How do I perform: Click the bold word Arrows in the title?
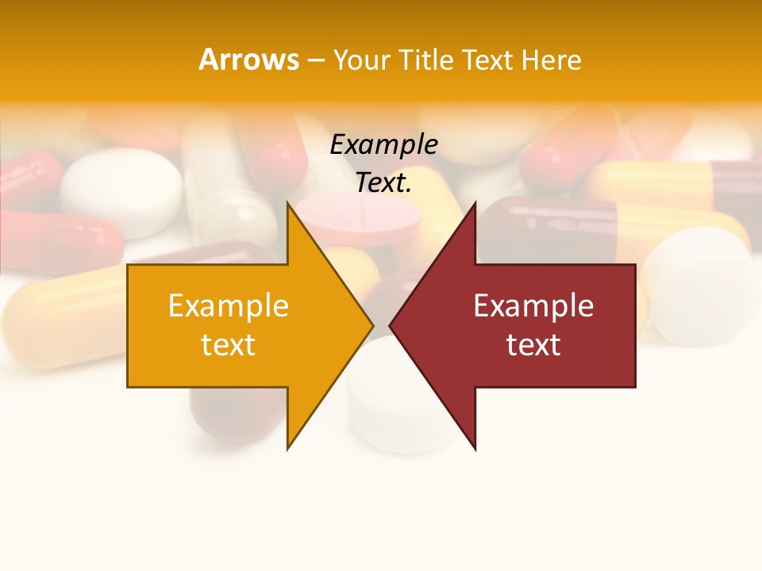click(x=249, y=59)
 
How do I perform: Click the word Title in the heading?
click(x=425, y=59)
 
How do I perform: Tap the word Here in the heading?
click(x=551, y=59)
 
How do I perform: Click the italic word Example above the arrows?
click(x=383, y=144)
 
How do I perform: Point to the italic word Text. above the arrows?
click(x=383, y=182)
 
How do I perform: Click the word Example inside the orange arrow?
click(x=228, y=306)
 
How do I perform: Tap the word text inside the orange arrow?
click(x=228, y=345)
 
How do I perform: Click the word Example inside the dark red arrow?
click(x=533, y=306)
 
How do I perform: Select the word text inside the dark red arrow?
click(x=533, y=345)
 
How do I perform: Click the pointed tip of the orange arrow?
click(x=372, y=325)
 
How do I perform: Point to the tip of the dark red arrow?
click(x=391, y=325)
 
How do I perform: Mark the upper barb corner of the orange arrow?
click(x=288, y=203)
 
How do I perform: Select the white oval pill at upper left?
click(x=121, y=182)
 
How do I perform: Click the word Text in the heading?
click(x=487, y=59)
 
